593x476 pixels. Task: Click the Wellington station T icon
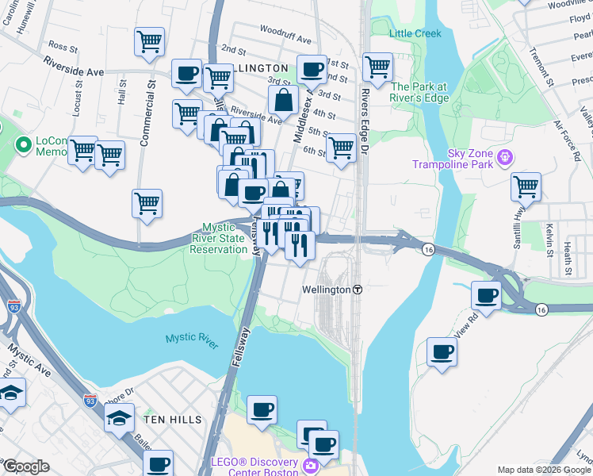[358, 290]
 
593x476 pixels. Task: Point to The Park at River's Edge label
[419, 92]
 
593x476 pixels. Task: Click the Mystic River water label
[192, 340]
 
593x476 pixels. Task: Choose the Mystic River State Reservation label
[218, 237]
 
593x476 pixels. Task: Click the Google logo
[25, 466]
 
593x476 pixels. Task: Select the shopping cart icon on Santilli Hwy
[526, 187]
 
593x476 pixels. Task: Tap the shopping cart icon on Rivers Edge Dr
[377, 67]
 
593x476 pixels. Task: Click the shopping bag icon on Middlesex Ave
[283, 101]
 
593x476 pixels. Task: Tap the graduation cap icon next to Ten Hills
[119, 417]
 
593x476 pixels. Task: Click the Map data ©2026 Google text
[544, 470]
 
